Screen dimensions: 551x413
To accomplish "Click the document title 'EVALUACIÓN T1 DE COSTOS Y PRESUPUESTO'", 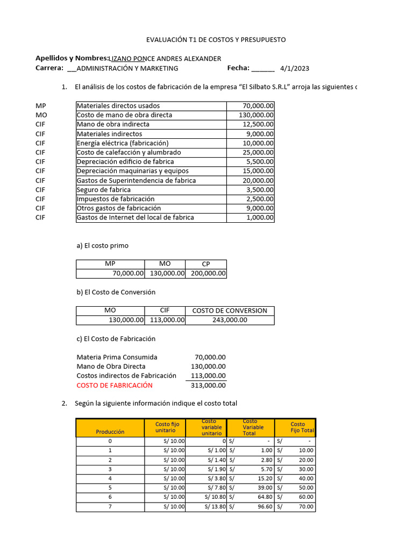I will click(216, 40).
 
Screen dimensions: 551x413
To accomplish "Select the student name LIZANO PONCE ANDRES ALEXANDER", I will click(165, 59).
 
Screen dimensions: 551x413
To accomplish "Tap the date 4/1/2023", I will click(295, 68).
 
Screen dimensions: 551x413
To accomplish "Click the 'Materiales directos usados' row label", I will click(118, 106).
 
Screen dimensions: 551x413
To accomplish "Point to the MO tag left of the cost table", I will click(41, 115).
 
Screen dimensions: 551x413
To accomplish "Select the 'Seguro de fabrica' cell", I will click(104, 190).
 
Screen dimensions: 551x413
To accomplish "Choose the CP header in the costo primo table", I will click(206, 264).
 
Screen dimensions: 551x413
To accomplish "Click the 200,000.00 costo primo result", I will click(206, 274).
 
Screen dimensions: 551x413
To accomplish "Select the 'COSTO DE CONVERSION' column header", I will click(230, 310).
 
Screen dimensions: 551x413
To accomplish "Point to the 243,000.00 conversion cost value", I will click(230, 320).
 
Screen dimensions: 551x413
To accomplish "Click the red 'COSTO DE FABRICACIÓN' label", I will click(115, 385).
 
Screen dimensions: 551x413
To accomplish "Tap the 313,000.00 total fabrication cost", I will click(209, 385).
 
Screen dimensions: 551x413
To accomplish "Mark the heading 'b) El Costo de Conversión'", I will click(116, 292).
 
